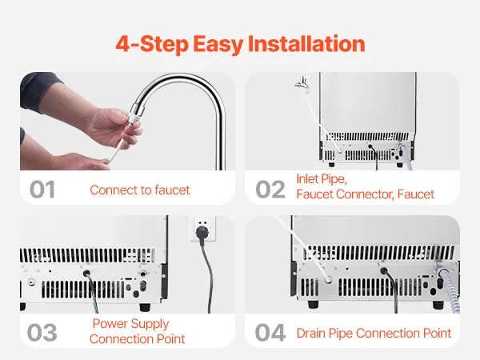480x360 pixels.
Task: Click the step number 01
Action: click(42, 190)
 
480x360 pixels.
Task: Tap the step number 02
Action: click(270, 190)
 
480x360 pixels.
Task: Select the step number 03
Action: click(42, 333)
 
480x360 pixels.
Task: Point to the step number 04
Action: click(270, 333)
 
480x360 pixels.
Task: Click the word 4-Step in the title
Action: click(152, 44)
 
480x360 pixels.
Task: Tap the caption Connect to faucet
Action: click(140, 190)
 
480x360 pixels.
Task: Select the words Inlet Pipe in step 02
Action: click(322, 179)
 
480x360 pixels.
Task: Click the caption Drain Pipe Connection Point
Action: click(374, 333)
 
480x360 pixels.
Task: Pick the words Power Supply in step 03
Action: click(130, 324)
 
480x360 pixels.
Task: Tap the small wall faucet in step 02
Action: click(302, 82)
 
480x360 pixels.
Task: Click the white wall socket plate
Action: click(202, 228)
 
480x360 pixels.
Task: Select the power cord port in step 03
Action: click(86, 273)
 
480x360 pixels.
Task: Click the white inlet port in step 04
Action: click(328, 279)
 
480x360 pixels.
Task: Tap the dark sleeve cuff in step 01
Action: click(39, 91)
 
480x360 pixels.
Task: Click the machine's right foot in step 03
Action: click(145, 306)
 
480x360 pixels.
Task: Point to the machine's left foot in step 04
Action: click(313, 304)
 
